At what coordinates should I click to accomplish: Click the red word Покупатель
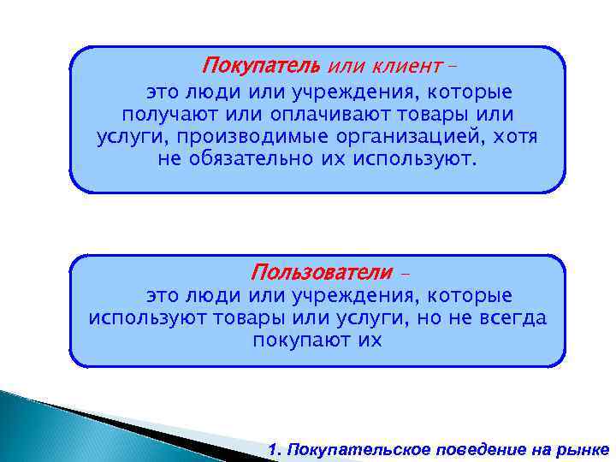click(x=260, y=66)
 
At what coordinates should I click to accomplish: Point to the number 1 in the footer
click(x=272, y=449)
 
